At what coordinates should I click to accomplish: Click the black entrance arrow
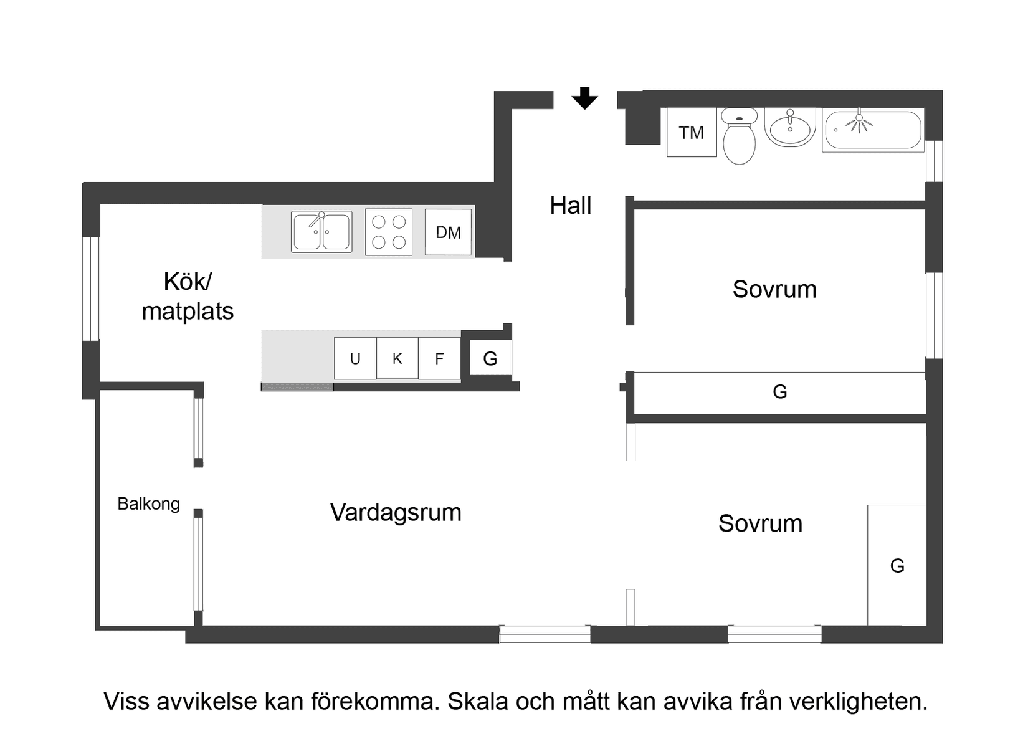click(584, 98)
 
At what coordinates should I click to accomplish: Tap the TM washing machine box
click(691, 132)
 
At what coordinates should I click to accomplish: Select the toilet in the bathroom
click(739, 137)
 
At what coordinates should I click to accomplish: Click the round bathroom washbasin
click(790, 128)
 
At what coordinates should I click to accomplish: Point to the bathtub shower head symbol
click(859, 122)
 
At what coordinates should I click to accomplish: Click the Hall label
click(570, 206)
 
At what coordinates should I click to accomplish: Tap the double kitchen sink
click(321, 232)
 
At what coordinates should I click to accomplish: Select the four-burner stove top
click(389, 232)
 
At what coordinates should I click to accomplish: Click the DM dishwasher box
click(448, 232)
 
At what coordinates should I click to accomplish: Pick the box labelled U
click(355, 359)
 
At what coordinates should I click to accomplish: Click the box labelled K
click(397, 359)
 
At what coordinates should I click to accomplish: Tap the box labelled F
click(439, 359)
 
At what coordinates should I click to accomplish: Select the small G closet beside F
click(490, 358)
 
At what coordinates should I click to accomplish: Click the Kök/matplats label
click(188, 296)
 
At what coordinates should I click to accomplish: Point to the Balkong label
click(148, 503)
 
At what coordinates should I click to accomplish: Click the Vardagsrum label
click(396, 512)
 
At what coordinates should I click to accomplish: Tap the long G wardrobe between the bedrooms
click(779, 392)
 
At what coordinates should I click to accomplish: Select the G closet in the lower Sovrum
click(897, 565)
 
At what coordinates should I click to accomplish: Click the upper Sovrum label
click(774, 289)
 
